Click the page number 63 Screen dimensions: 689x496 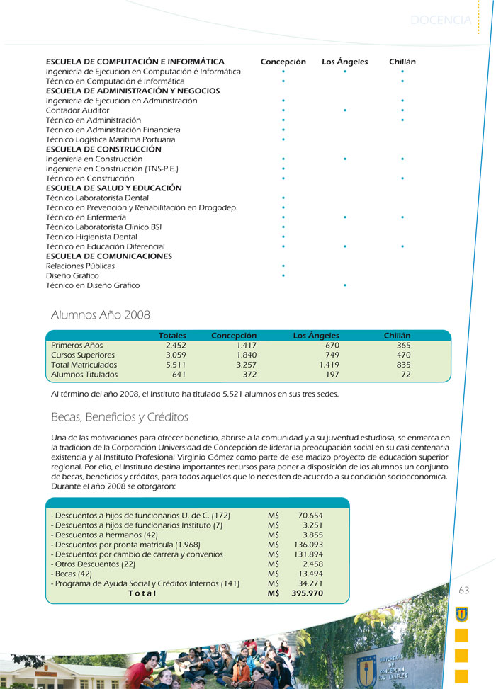point(463,591)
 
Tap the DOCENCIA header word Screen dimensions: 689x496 point(440,21)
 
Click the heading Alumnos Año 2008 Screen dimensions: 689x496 point(101,314)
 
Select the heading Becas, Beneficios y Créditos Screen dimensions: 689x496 point(120,416)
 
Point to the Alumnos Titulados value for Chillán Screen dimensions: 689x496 point(405,375)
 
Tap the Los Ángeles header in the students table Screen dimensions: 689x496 point(316,335)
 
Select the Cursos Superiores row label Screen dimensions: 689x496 point(83,355)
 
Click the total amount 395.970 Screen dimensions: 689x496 point(307,593)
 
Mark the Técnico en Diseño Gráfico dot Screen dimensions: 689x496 point(344,285)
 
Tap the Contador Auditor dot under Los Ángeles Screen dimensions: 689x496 point(344,110)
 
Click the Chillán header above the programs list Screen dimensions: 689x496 point(402,62)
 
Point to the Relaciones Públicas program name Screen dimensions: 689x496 point(80,266)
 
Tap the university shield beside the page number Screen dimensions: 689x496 point(462,613)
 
